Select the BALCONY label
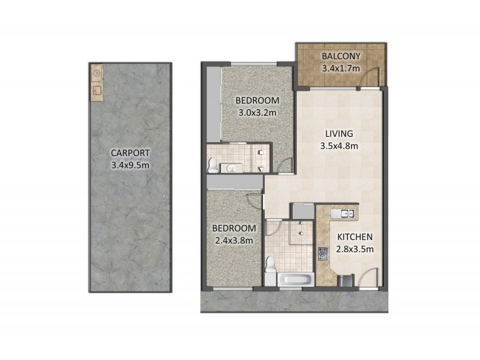click(x=340, y=57)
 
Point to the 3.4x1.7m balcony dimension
click(x=340, y=68)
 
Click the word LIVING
click(x=340, y=133)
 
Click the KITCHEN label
click(x=355, y=237)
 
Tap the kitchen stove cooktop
click(x=323, y=253)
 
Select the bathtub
click(x=295, y=279)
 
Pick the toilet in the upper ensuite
click(x=212, y=163)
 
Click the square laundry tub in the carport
click(x=96, y=92)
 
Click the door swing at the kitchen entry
click(x=369, y=277)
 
